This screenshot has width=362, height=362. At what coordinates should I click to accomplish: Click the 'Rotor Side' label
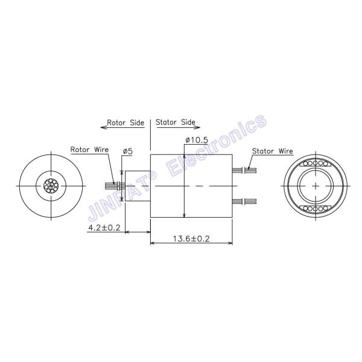pos(125,122)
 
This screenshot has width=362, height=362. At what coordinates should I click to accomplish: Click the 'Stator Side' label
pos(176,122)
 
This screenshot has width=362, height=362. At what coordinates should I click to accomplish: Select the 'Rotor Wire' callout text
pos(88,149)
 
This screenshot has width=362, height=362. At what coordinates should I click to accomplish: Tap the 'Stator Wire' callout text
pos(272,151)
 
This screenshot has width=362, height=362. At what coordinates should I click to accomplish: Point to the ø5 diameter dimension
pos(127,150)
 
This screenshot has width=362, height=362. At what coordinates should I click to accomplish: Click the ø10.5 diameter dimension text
pos(197,140)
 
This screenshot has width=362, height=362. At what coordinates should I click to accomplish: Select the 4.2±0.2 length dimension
pos(104,227)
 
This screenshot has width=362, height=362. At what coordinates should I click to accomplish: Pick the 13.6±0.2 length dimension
pos(191,239)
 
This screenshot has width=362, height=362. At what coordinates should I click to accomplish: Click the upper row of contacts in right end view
pos(316,164)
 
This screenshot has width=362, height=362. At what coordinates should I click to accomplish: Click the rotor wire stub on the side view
pos(113,185)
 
